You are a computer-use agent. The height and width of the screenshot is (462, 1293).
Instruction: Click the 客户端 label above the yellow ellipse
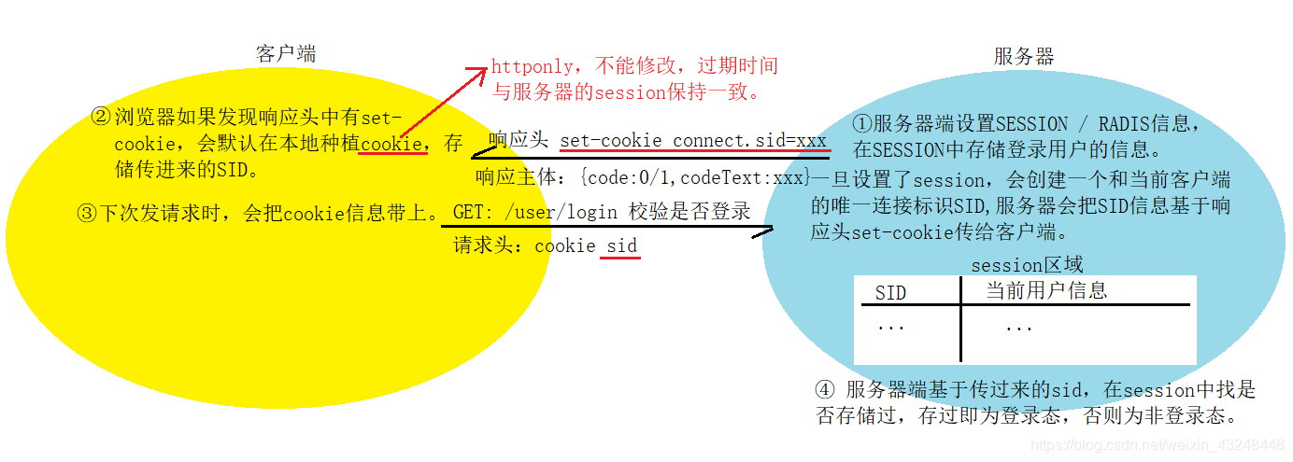click(x=286, y=54)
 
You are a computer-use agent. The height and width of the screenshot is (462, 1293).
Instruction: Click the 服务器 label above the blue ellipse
click(x=1024, y=57)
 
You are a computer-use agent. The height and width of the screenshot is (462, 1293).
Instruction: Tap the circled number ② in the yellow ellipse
click(x=101, y=119)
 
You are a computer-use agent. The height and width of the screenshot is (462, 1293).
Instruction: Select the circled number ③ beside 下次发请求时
click(x=87, y=213)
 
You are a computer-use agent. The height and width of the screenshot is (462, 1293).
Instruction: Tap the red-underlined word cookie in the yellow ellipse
click(x=392, y=144)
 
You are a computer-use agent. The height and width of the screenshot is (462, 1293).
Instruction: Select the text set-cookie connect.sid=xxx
click(x=693, y=142)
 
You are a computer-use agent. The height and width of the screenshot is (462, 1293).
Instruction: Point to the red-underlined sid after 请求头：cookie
click(x=621, y=246)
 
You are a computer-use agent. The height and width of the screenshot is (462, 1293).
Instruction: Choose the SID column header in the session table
click(x=890, y=293)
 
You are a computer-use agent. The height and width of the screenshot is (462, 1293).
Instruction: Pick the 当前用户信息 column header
click(x=1046, y=291)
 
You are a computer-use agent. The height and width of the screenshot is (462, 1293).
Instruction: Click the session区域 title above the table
click(x=1027, y=265)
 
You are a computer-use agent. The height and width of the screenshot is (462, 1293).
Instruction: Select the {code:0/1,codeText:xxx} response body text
click(x=693, y=177)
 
